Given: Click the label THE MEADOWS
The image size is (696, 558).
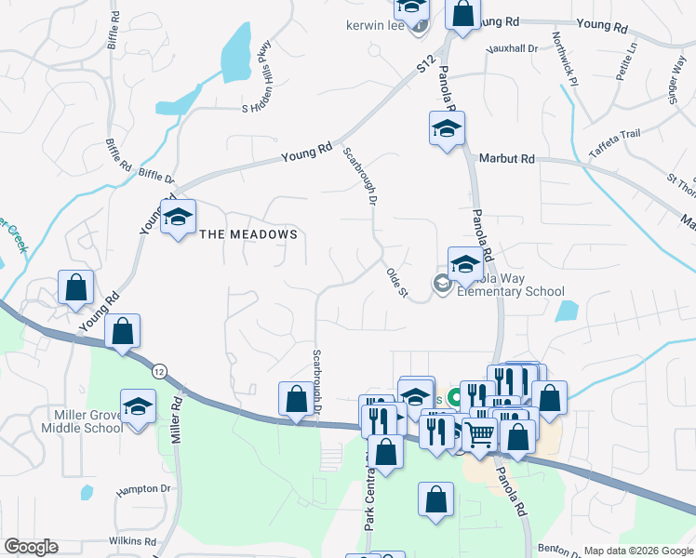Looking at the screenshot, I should [248, 234].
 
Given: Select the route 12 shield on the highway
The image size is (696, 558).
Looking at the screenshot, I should [160, 371].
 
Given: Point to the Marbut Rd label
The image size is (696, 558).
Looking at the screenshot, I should [507, 159].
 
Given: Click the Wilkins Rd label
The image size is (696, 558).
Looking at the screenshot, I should [131, 540].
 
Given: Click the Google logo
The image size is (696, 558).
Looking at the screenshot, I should [32, 547].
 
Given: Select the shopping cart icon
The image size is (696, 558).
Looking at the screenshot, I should [479, 433].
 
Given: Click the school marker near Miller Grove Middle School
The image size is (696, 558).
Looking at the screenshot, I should [139, 407].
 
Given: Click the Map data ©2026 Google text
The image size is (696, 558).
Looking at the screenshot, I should [637, 551].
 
